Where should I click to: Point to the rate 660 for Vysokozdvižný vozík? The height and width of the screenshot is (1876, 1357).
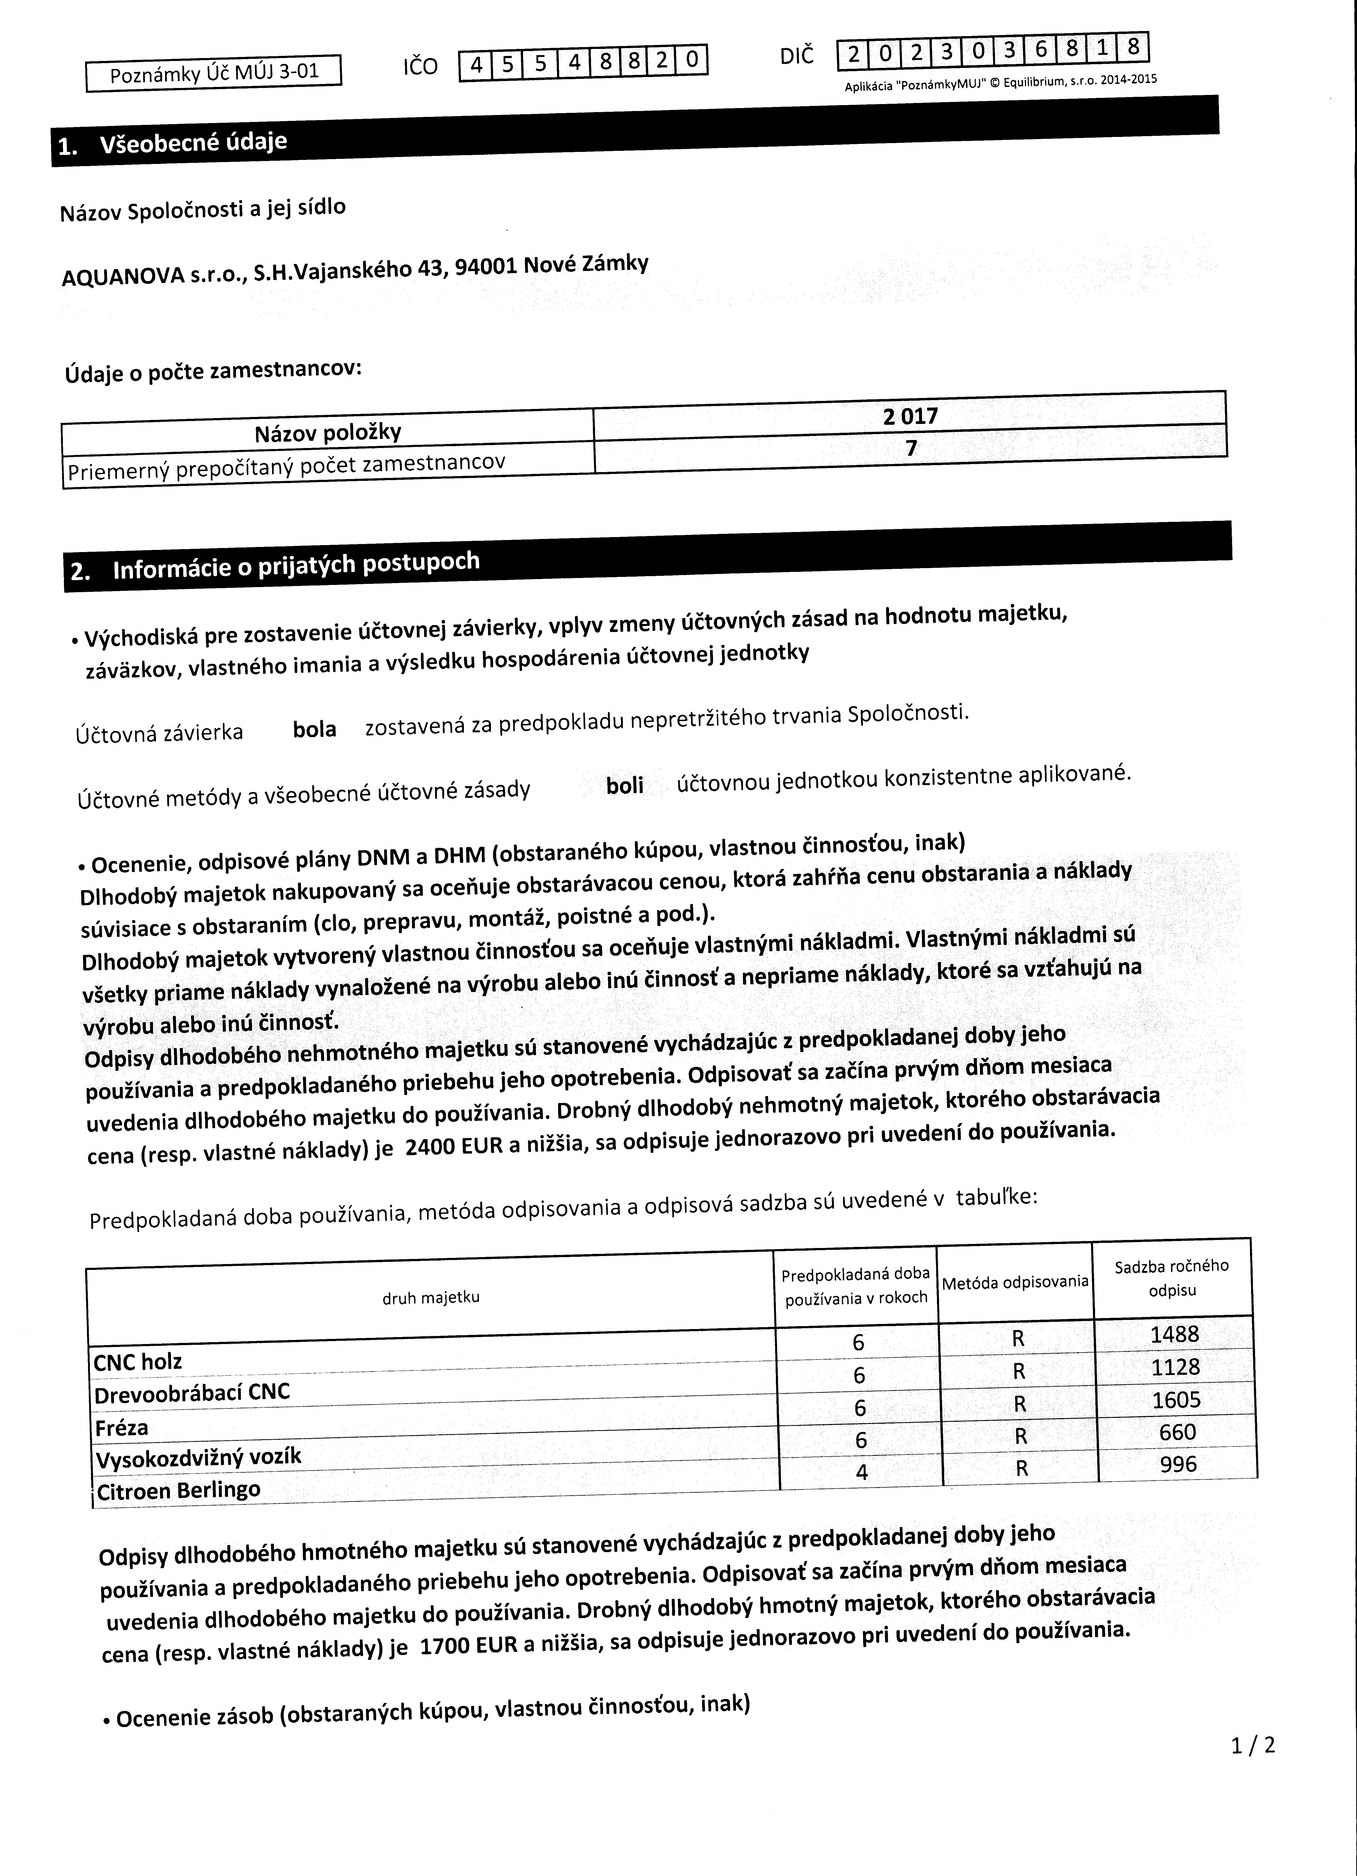click(x=1177, y=1433)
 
